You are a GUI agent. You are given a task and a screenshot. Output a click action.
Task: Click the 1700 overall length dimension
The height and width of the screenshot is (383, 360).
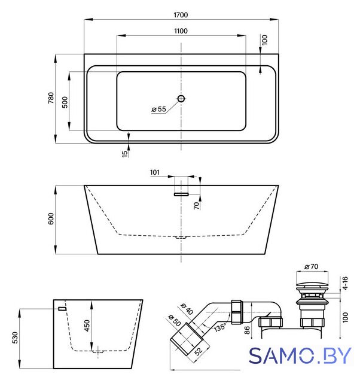[181, 15]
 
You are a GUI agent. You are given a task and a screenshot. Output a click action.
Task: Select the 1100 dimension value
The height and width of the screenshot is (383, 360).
[181, 31]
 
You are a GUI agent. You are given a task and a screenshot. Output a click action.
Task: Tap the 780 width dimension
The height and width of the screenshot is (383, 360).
[51, 98]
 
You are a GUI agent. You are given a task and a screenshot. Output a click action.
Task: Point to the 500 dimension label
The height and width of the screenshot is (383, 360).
[65, 102]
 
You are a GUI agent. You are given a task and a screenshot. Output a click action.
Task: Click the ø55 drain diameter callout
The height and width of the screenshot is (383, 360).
[158, 109]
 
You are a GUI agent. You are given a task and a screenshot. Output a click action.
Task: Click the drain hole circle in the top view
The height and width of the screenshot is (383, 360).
[181, 99]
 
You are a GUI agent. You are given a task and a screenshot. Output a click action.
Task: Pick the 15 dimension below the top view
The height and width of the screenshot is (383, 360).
[125, 154]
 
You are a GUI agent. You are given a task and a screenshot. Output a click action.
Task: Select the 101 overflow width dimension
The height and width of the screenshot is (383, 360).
[154, 172]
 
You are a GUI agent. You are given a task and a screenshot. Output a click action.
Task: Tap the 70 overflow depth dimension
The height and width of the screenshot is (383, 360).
[197, 206]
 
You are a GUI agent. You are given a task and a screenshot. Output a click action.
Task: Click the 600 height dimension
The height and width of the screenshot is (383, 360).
[51, 218]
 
